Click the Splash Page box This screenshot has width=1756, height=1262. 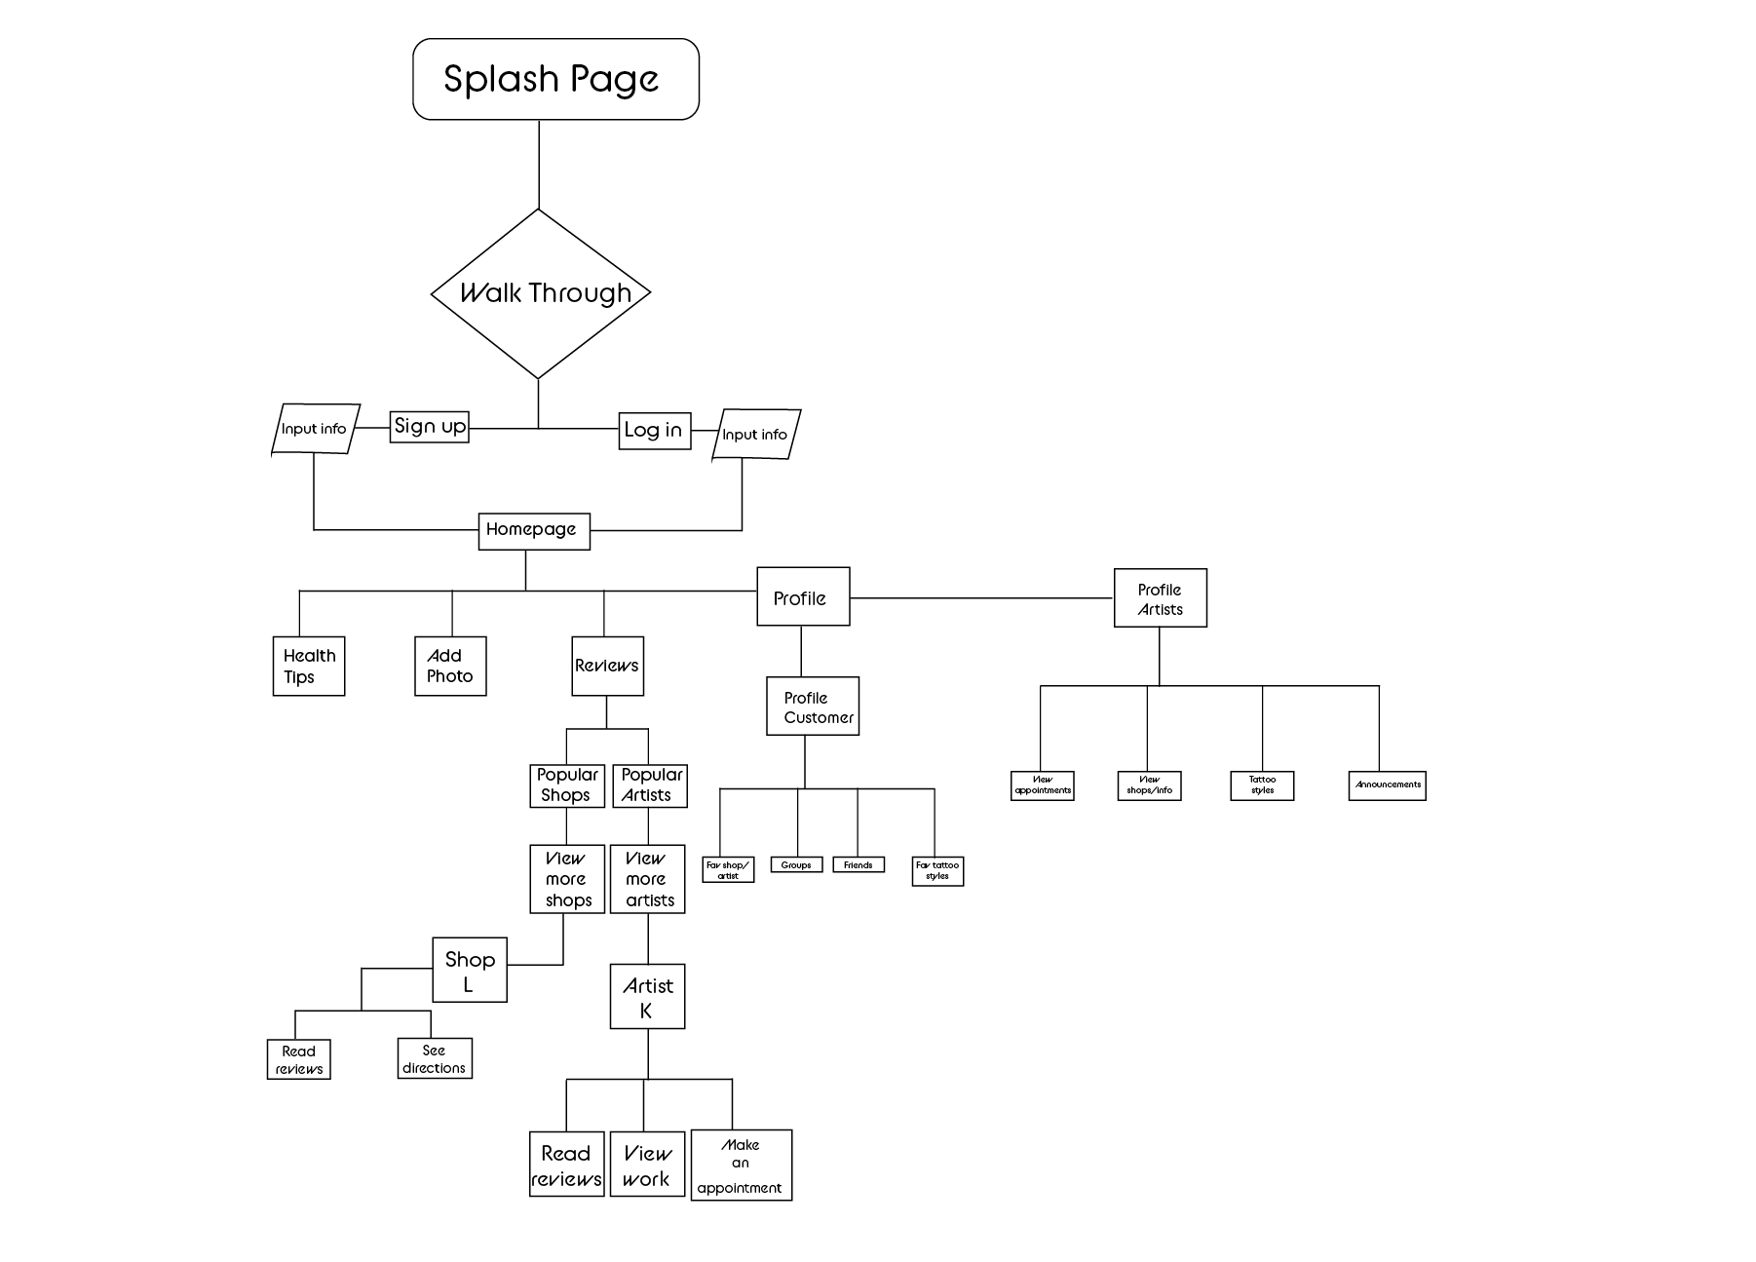pos(555,79)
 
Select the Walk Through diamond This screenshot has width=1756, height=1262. pos(540,293)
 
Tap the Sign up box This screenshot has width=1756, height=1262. pos(430,427)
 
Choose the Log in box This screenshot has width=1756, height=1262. pos(655,431)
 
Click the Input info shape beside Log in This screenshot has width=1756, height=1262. pos(755,435)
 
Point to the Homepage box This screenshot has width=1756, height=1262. pos(534,530)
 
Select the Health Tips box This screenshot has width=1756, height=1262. pos(309,667)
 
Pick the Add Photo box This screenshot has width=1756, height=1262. pos(450,667)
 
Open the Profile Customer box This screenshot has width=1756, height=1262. pos(813,707)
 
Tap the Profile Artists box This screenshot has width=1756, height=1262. pos(1160,598)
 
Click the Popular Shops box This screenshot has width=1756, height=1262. pos(567,785)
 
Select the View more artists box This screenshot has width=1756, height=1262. pos(648,879)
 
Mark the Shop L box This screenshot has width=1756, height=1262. pos(470,970)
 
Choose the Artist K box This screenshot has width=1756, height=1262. pos(648,997)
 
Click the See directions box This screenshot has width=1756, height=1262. pos(435,1058)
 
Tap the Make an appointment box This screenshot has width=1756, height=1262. pos(742,1166)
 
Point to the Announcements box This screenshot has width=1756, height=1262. pos(1387,785)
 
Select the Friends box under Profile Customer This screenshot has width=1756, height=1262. pos(859,865)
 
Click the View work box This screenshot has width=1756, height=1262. pos(647,1166)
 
